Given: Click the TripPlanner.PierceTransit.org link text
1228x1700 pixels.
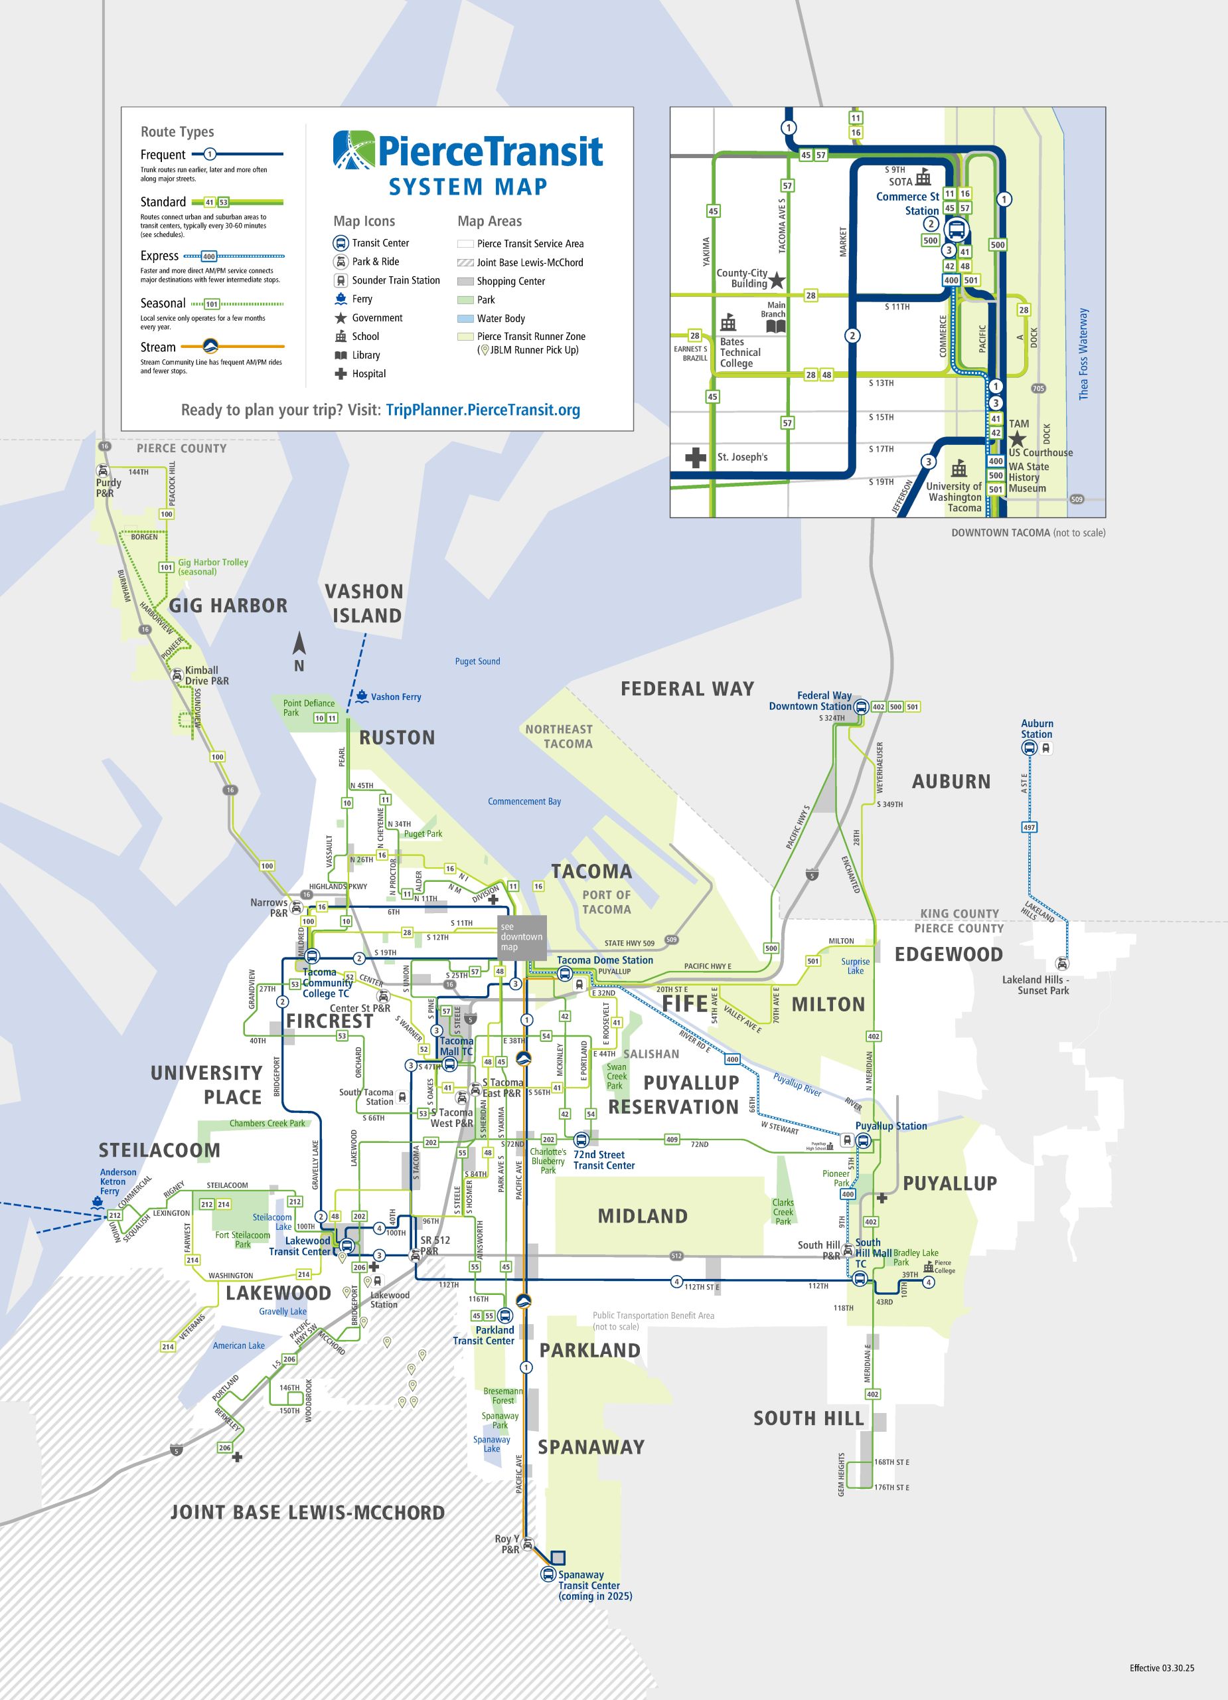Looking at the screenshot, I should click(x=483, y=410).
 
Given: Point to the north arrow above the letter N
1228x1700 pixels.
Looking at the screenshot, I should click(x=299, y=643).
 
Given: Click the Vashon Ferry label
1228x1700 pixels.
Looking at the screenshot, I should click(x=396, y=697).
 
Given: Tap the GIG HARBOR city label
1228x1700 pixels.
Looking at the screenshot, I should click(x=228, y=606).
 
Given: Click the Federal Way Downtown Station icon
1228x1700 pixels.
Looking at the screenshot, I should click(x=861, y=706).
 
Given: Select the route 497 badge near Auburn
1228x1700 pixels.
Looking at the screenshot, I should click(x=1029, y=827).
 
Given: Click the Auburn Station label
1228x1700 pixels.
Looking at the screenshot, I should click(x=1036, y=728).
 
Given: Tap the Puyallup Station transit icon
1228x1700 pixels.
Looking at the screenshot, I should click(x=863, y=1141).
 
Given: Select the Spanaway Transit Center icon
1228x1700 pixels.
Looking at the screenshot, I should click(x=548, y=1574).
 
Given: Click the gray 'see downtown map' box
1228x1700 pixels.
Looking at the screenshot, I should click(x=522, y=937).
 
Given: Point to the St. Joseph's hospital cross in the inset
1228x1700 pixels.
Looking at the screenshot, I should click(x=695, y=458).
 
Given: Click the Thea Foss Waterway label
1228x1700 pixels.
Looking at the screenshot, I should click(x=1083, y=354).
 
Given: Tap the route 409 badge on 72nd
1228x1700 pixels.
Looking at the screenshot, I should click(x=671, y=1140).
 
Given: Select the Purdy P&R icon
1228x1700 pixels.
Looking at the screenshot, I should click(x=103, y=471).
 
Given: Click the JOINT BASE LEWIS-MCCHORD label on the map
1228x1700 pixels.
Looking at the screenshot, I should click(x=307, y=1513).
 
